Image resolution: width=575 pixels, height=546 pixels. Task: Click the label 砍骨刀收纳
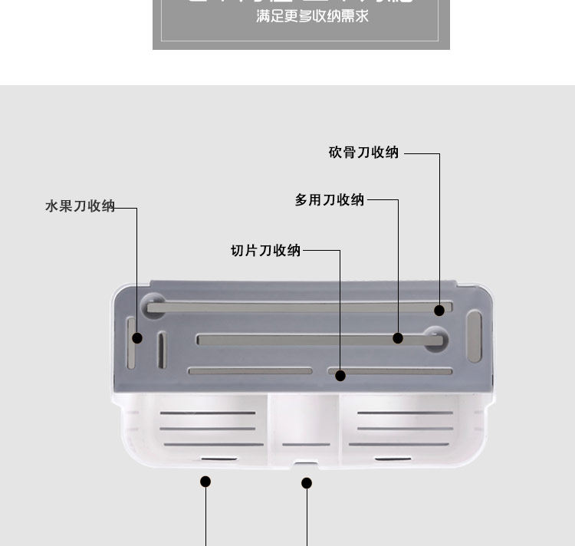click(x=363, y=153)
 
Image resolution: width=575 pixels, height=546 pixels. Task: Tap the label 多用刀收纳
click(x=330, y=200)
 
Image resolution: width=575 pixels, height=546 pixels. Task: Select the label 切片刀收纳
click(x=266, y=251)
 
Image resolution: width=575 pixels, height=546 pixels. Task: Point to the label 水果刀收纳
click(x=80, y=206)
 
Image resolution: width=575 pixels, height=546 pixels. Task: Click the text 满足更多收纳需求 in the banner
click(x=312, y=16)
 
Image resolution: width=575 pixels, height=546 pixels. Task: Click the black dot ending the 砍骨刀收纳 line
click(x=439, y=311)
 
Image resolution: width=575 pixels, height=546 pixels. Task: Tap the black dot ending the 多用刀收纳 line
click(x=398, y=338)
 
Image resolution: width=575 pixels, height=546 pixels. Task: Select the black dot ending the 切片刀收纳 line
click(x=340, y=376)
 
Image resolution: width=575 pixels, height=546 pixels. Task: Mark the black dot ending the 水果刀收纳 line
click(x=137, y=337)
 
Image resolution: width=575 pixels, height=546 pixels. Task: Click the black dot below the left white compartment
click(x=205, y=482)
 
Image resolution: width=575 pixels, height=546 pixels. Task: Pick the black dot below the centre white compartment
click(x=307, y=483)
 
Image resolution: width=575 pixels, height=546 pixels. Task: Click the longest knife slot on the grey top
click(x=291, y=308)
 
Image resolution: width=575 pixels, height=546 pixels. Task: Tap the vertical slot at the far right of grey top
click(x=475, y=335)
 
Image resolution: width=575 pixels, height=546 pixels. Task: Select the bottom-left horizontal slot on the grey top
click(x=251, y=371)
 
